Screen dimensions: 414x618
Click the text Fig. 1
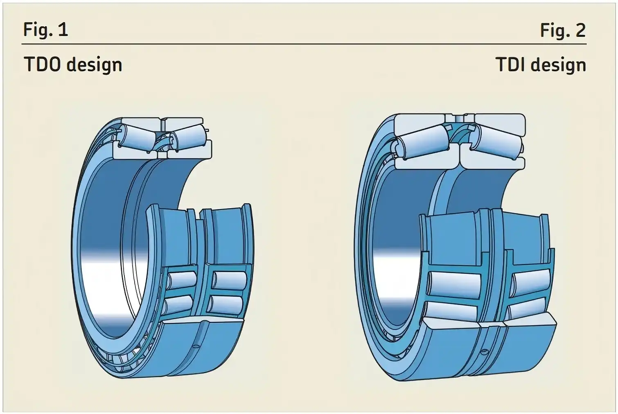[45, 30]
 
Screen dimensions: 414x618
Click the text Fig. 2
[563, 30]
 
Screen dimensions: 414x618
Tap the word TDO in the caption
[43, 65]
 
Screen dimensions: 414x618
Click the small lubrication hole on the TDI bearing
[485, 351]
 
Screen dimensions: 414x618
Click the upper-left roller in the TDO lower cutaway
[182, 280]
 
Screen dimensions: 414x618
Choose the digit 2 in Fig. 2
[580, 30]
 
